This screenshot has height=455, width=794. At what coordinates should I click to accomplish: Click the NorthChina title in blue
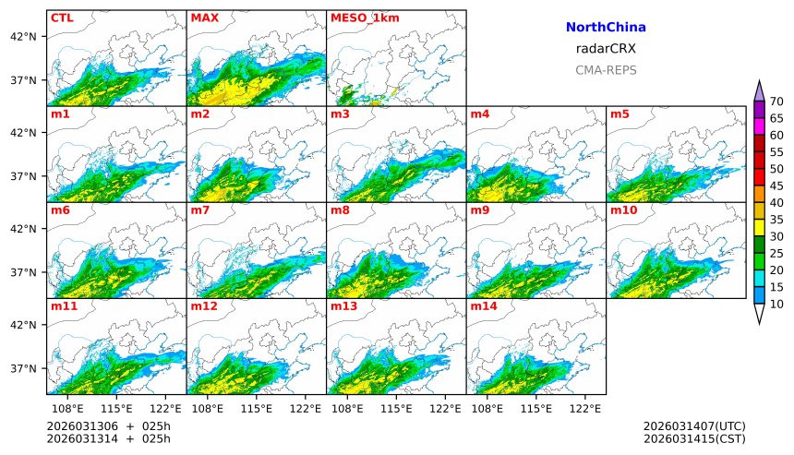click(x=606, y=28)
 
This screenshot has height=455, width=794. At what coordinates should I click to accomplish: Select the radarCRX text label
click(x=606, y=49)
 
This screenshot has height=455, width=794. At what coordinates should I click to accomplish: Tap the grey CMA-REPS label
click(x=606, y=70)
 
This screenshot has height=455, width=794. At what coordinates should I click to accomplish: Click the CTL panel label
click(x=62, y=18)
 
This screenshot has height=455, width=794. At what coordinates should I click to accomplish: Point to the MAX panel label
click(x=204, y=18)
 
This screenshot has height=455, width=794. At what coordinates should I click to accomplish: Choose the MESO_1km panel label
click(x=360, y=18)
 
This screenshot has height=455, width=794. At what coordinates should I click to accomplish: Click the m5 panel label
click(x=619, y=114)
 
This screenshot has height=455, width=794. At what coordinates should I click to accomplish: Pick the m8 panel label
click(x=339, y=210)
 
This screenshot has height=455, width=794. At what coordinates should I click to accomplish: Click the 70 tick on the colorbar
click(x=776, y=102)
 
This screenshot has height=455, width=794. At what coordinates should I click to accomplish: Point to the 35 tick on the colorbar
click(x=776, y=220)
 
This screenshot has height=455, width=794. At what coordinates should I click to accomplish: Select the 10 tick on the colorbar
click(x=776, y=305)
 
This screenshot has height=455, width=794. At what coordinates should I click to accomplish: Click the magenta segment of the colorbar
click(x=759, y=126)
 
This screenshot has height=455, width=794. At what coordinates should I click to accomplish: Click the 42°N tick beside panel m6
click(x=22, y=229)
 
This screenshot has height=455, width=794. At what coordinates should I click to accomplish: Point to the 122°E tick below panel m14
click(x=586, y=407)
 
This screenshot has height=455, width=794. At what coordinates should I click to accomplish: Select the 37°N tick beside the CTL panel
click(x=22, y=80)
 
